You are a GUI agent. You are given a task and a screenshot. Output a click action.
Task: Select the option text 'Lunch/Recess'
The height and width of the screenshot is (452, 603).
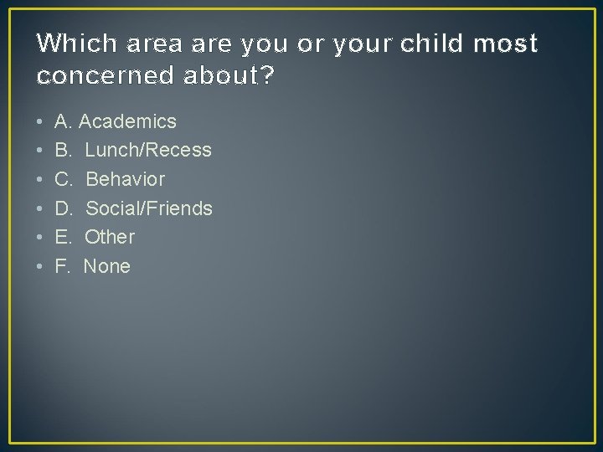point(148,151)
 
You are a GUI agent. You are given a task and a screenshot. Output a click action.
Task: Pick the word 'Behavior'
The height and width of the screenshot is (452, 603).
point(126,180)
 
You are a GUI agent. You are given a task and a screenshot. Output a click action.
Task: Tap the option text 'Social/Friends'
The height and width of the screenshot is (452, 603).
point(149,208)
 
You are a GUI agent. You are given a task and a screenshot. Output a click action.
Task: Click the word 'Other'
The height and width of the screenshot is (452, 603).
point(110,238)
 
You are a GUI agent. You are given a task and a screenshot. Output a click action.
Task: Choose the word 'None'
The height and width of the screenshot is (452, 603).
point(107,267)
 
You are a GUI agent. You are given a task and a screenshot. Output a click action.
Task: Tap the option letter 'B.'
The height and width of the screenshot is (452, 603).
point(63,151)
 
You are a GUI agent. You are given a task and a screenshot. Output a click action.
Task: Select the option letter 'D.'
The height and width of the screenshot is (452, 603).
point(64,208)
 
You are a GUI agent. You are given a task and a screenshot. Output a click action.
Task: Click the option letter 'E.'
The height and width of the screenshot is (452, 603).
point(63,238)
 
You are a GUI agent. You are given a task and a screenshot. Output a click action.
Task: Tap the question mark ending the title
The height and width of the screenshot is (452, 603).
point(267,76)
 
